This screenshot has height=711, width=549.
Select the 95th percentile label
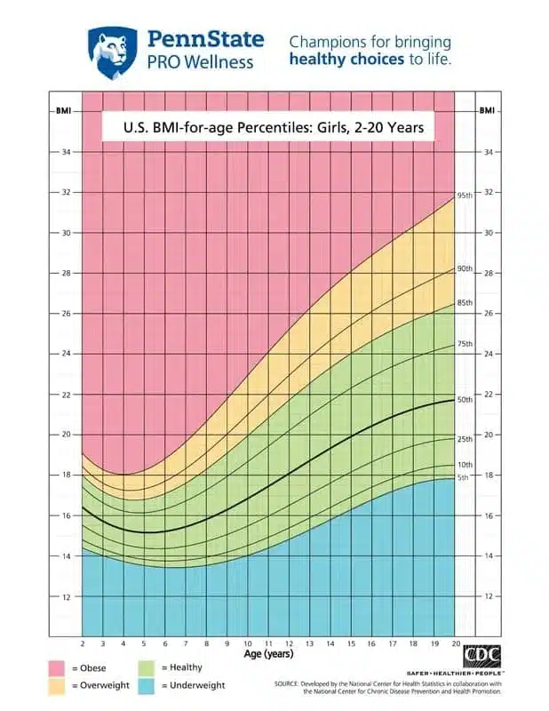coord(465,195)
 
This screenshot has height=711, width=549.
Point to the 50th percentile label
coord(465,400)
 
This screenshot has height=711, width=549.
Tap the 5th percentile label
coord(463,478)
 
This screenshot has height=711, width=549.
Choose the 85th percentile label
coord(465,302)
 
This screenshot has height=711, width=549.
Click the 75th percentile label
coord(465,343)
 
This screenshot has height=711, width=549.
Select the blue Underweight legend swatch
coord(147,685)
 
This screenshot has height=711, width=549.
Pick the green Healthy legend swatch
coord(147,667)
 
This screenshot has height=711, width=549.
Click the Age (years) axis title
coord(269,654)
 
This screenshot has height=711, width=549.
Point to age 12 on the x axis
coord(288,643)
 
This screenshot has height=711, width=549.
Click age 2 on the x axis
coord(82,643)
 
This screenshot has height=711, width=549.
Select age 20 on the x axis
coord(455,643)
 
